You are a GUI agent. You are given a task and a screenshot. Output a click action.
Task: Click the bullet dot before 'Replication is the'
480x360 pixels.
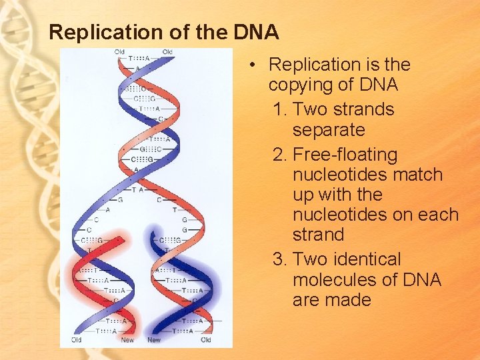coord(255,65)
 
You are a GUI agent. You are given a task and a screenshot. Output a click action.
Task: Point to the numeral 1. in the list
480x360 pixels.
coord(281,109)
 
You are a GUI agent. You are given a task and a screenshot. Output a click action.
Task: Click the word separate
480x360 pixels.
coord(329,129)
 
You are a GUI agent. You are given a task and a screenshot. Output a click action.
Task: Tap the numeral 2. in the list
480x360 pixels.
coord(281,155)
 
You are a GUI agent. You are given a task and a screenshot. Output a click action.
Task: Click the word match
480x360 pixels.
coord(418,175)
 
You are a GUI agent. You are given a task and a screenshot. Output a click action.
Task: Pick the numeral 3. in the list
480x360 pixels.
coord(281,259)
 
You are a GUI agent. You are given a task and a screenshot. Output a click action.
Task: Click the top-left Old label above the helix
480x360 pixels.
coord(119,52)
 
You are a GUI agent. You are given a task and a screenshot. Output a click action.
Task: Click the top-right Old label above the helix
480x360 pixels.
coord(167,52)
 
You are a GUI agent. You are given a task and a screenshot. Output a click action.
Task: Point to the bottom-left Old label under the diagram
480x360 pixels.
coord(77,340)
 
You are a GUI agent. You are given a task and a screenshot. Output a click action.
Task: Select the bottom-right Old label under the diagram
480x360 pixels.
coord(206,340)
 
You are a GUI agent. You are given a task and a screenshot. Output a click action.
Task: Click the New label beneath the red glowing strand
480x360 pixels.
coord(127,340)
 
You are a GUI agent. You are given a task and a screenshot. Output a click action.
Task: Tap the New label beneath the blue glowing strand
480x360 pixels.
coord(154,340)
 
